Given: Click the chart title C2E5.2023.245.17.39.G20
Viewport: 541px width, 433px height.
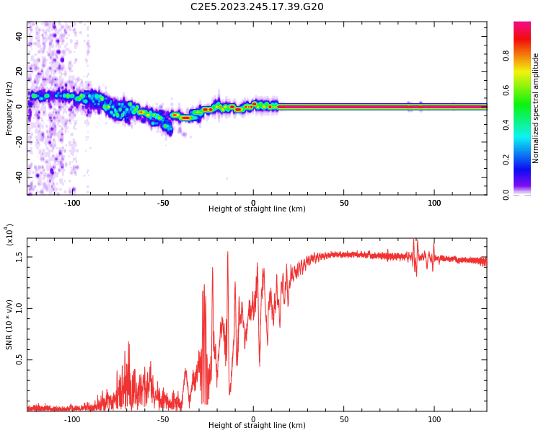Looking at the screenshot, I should click(257, 7).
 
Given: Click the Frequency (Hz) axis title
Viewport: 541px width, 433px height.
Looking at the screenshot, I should click(9, 108).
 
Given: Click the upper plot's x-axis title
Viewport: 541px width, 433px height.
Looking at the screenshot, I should click(257, 209).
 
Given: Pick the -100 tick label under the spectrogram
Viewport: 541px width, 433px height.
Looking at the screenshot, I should click(72, 203).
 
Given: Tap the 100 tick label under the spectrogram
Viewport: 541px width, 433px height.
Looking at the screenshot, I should click(434, 203).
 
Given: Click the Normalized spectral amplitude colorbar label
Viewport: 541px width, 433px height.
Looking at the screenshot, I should click(536, 108).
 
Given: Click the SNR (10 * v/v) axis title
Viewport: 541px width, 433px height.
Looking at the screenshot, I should click(9, 324).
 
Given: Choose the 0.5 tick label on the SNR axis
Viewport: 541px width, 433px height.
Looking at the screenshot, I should click(19, 359).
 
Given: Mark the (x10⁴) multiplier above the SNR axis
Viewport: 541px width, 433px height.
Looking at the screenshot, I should click(9, 235).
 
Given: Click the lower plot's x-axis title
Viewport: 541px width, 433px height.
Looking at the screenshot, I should click(257, 426).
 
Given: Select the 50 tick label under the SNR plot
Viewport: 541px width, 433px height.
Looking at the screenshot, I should click(344, 419).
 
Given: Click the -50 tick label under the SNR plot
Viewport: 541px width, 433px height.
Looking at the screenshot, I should click(162, 419).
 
